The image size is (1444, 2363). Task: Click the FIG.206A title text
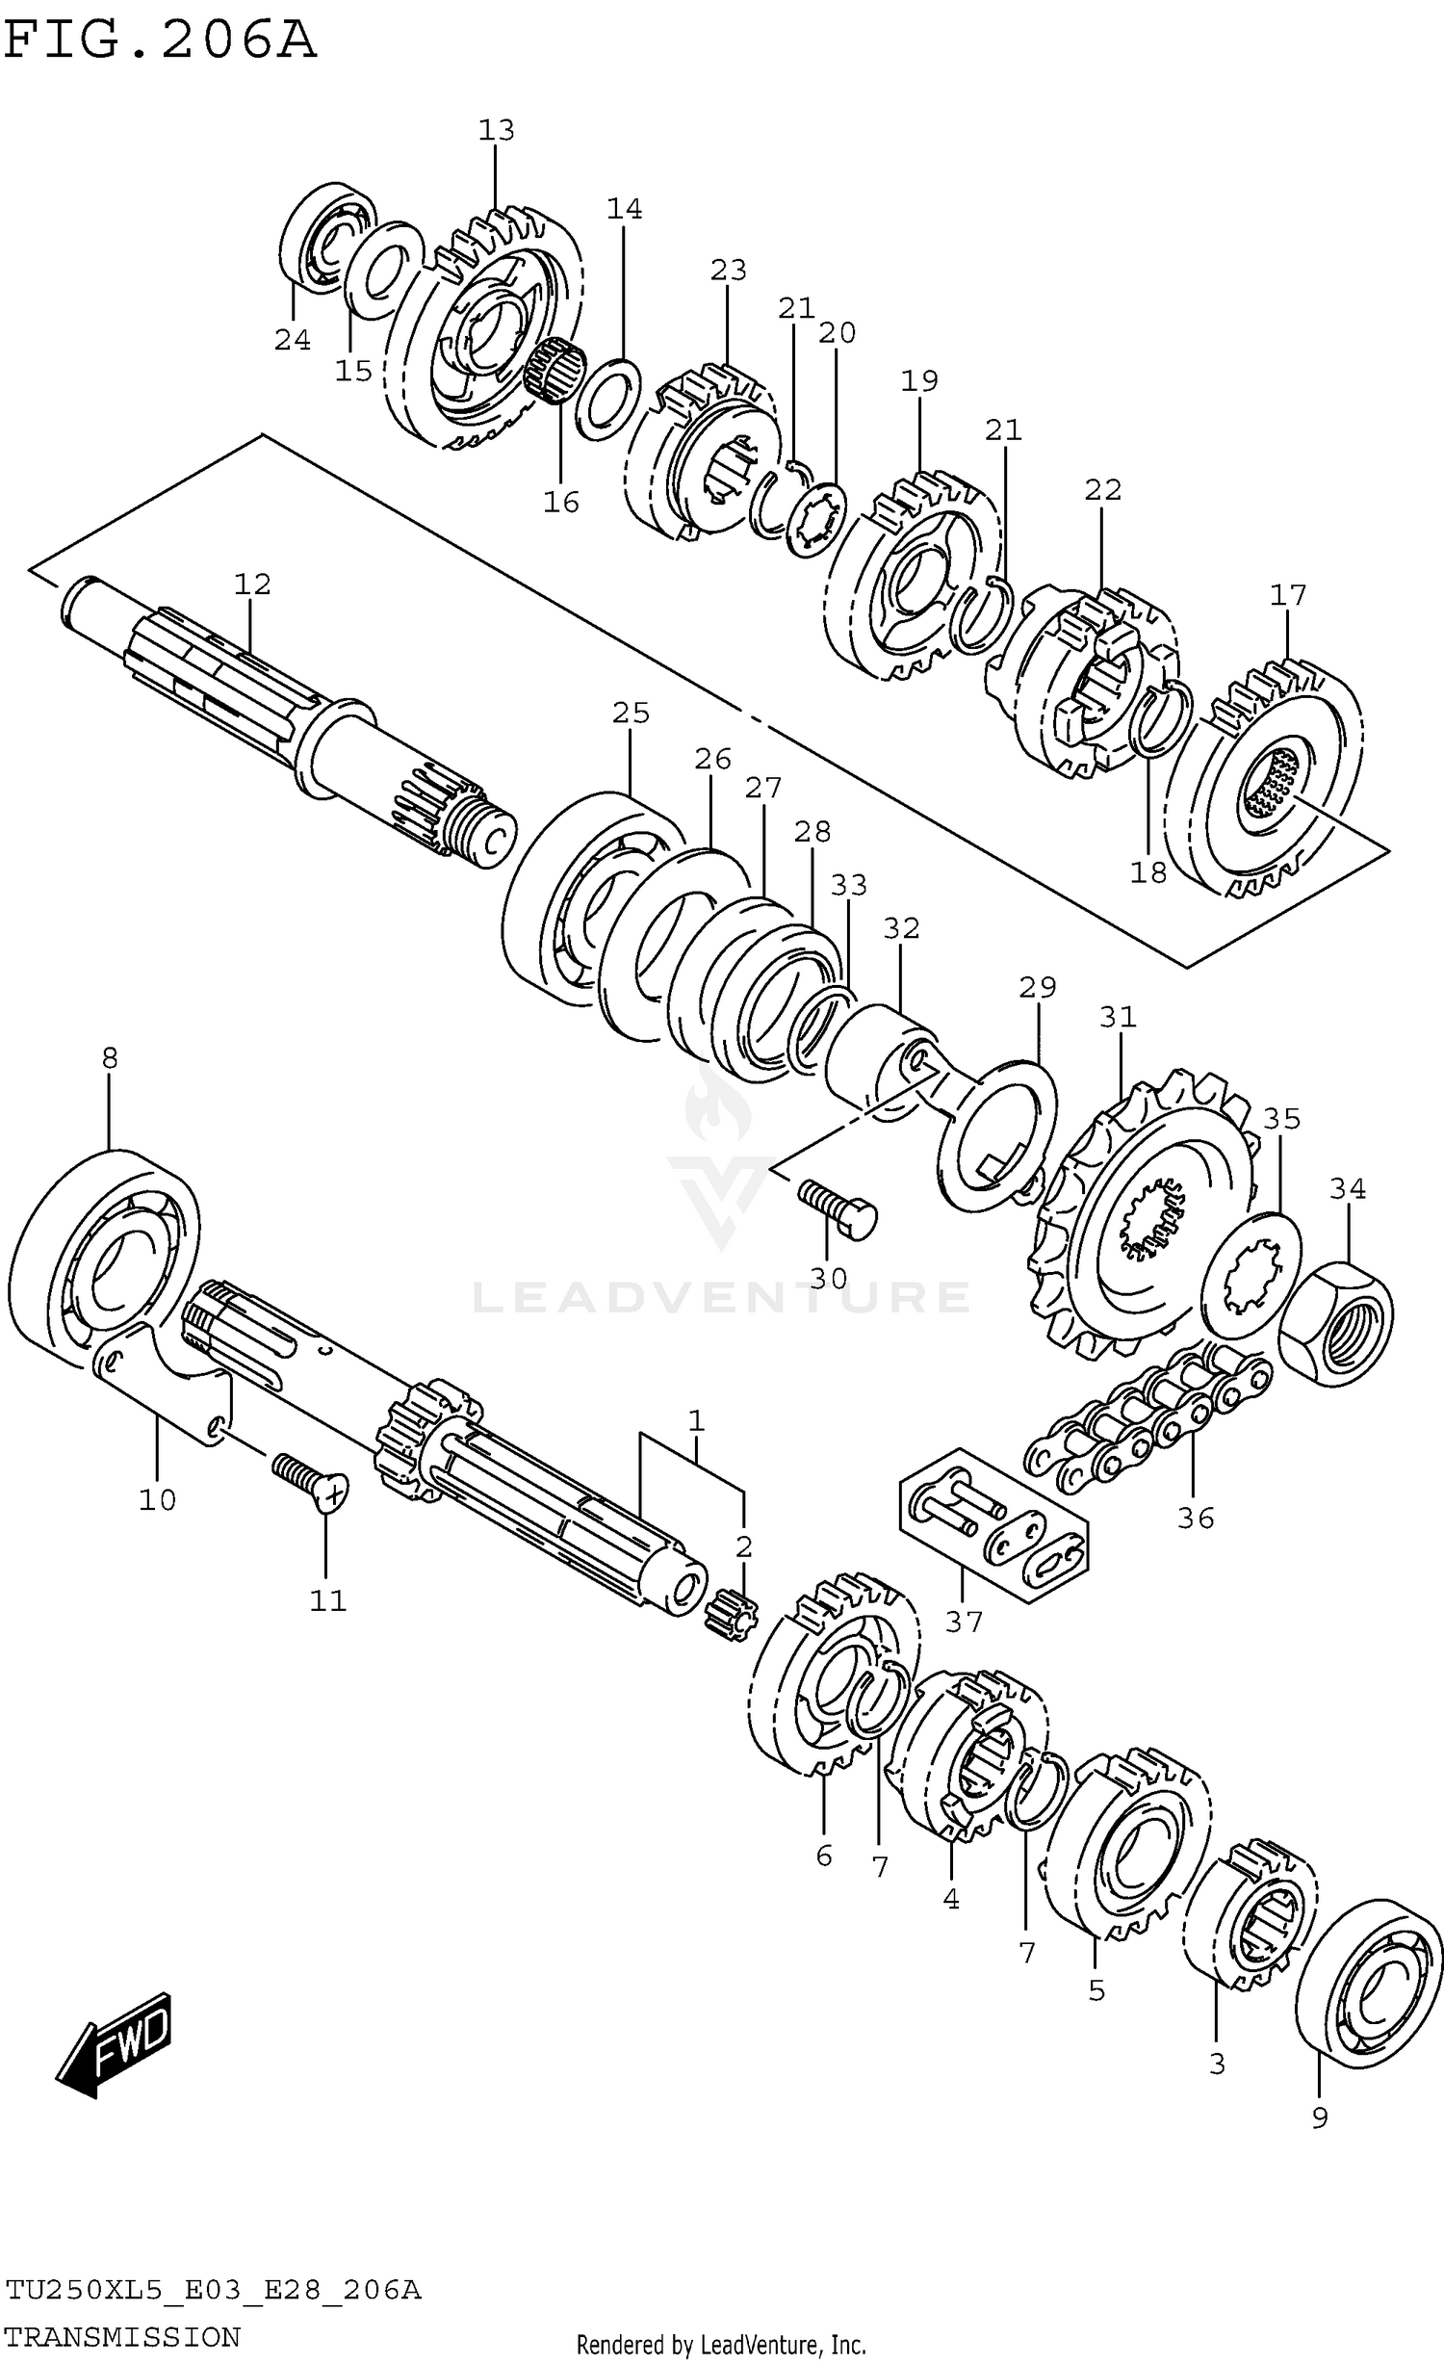[160, 40]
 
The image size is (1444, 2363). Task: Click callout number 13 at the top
[497, 130]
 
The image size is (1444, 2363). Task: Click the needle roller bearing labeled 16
[556, 371]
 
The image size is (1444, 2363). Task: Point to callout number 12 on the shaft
[252, 584]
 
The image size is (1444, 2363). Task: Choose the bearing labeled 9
[1369, 1970]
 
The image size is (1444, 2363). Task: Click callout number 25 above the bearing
[631, 714]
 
